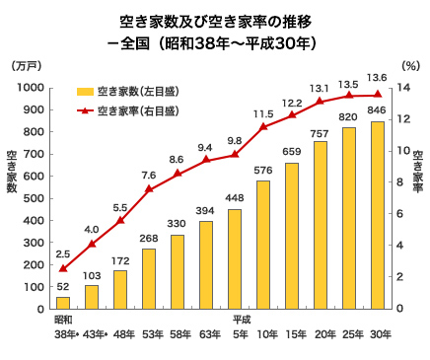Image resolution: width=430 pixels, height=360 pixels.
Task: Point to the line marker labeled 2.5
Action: (x=63, y=268)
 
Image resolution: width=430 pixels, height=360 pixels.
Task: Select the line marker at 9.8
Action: (x=235, y=155)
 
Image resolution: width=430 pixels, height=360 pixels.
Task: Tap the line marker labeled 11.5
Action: (x=263, y=127)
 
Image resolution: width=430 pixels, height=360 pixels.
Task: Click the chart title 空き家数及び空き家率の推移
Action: (x=215, y=20)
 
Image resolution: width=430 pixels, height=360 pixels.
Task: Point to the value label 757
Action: (x=321, y=132)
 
